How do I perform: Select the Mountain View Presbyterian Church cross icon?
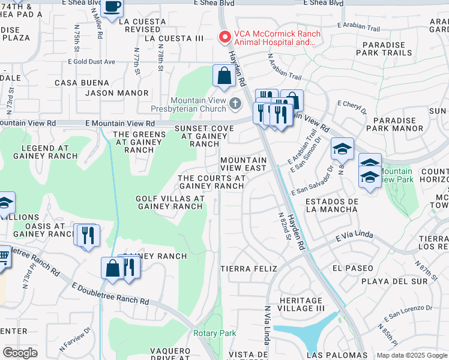point(235,104)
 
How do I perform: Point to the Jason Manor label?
point(116,93)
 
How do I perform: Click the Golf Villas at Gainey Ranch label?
point(170,202)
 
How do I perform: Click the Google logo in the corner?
point(20,353)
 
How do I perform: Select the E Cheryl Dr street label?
point(352,106)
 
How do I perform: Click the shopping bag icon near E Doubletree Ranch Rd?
point(112,268)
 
